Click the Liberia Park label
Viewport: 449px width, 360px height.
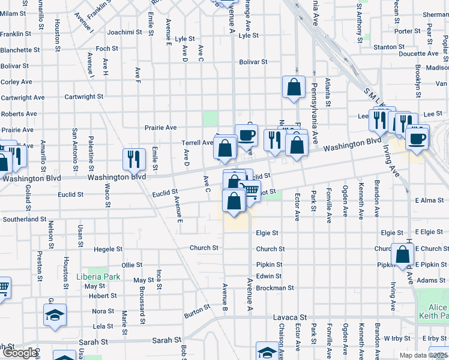click(x=98, y=277)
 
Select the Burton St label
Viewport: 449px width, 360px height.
click(x=197, y=310)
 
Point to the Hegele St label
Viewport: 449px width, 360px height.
click(x=108, y=249)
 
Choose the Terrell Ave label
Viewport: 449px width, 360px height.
click(x=197, y=143)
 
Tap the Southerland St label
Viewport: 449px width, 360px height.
click(x=25, y=220)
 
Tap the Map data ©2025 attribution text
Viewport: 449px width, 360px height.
click(x=423, y=355)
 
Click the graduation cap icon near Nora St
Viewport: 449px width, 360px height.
click(x=55, y=314)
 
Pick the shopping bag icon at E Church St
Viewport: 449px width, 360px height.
click(x=402, y=255)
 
